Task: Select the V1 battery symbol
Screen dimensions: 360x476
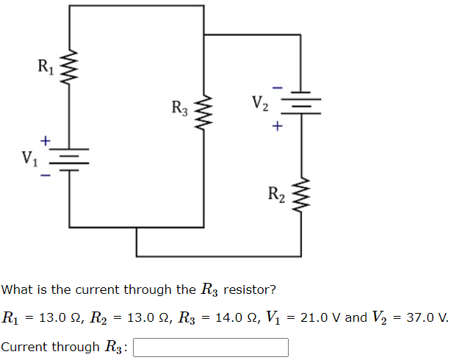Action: pos(70,156)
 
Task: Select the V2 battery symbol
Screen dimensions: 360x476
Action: pos(300,103)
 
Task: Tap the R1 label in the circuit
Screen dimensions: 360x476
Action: pos(46,68)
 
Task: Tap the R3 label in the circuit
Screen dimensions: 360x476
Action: pos(180,109)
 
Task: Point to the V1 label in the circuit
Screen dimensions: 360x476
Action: pos(30,156)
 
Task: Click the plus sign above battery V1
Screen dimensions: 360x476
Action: pos(46,139)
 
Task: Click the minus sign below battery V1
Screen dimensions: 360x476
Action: pos(46,175)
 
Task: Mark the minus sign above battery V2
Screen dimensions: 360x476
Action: pos(277,86)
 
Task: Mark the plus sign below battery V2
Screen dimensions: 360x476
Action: pos(277,126)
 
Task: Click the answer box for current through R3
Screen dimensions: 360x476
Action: pos(210,347)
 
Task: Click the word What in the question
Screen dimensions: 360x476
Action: pos(15,289)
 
